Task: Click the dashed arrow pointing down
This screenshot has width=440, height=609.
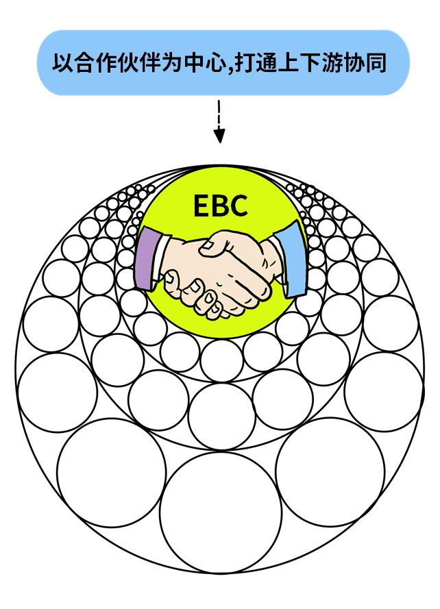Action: click(219, 120)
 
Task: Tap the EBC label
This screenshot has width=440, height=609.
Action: click(219, 205)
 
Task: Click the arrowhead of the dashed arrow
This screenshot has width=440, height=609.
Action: click(219, 137)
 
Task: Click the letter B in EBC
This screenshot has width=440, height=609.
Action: click(219, 205)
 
